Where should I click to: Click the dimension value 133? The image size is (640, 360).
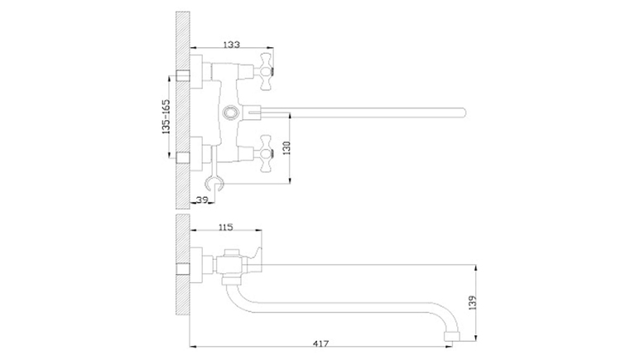point(232,45)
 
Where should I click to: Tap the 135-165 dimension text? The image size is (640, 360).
point(166,117)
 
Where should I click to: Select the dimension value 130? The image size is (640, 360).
point(286,147)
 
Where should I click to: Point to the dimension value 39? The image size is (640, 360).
point(202,199)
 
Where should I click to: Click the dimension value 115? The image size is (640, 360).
point(226,227)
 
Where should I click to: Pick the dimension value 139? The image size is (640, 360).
point(473,303)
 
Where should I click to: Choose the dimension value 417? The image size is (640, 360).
point(320,343)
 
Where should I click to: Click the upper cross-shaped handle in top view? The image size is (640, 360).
point(265,71)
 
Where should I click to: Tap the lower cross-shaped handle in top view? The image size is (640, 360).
point(266,153)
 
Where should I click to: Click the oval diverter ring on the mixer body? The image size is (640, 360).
point(231,112)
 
